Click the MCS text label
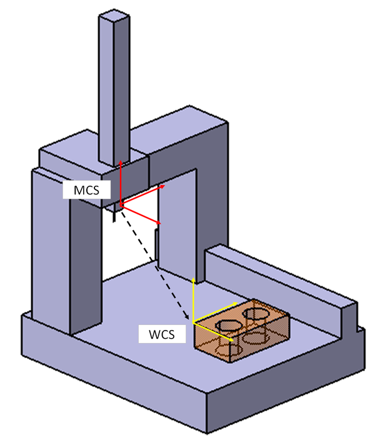(x=83, y=189)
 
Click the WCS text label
(x=162, y=333)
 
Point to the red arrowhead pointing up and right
(x=164, y=186)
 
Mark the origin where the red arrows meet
(x=121, y=206)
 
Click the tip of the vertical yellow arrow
(x=194, y=277)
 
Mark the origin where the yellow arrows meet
(x=194, y=322)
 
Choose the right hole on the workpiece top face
(x=255, y=312)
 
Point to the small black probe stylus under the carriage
(x=114, y=219)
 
